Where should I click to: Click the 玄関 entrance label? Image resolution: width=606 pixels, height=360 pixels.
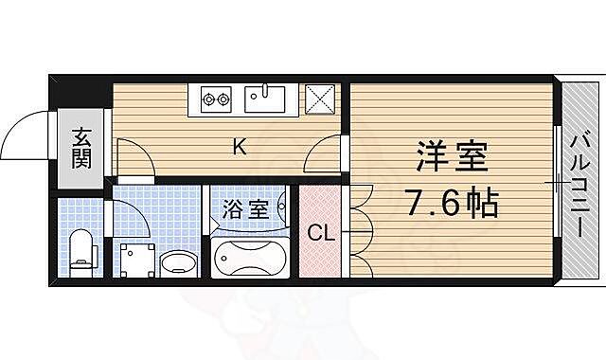point(79,148)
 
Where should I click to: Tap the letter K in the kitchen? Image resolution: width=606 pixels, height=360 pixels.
point(240,147)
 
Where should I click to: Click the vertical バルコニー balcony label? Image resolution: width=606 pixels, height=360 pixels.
point(579,186)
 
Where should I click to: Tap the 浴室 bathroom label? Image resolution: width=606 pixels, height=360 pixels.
point(244,208)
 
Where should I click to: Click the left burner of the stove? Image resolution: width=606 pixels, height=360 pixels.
point(207,97)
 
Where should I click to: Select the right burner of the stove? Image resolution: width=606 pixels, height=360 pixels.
point(225,97)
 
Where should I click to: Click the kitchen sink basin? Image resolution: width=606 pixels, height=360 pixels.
point(268,99)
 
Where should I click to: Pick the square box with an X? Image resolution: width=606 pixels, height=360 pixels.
point(319,99)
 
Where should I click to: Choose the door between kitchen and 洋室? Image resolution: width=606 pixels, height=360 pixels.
point(327,153)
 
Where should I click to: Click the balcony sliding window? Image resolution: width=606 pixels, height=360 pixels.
point(556,180)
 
